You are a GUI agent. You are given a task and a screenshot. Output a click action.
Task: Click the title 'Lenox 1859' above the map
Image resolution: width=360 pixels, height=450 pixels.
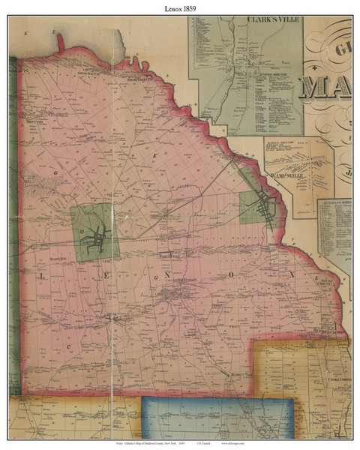click(x=180, y=8)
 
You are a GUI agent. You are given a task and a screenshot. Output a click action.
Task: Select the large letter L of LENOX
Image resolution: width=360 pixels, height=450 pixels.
click(x=37, y=276)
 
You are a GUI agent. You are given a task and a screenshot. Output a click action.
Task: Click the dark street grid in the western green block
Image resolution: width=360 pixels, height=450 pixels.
click(x=96, y=235)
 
